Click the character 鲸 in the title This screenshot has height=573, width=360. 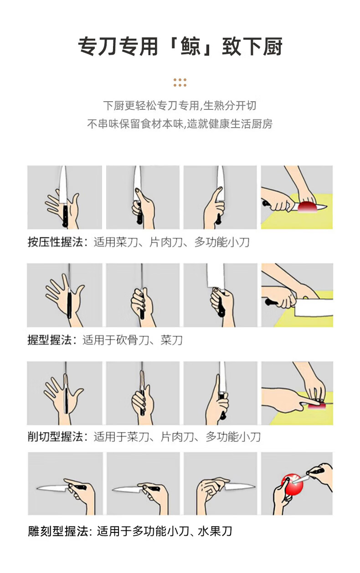(190, 46)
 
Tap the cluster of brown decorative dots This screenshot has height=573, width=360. (180, 83)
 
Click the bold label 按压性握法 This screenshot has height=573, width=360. (55, 242)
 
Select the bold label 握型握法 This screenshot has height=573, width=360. (50, 340)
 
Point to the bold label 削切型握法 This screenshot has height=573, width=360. (55, 437)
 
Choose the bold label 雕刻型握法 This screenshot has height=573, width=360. (58, 532)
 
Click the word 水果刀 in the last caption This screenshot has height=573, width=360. (215, 532)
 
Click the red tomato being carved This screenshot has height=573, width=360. (292, 484)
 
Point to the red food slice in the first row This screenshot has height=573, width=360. (308, 206)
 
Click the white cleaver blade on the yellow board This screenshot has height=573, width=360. (314, 308)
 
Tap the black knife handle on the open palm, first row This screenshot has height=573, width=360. (65, 216)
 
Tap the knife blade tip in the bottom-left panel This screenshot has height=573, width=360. (37, 488)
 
